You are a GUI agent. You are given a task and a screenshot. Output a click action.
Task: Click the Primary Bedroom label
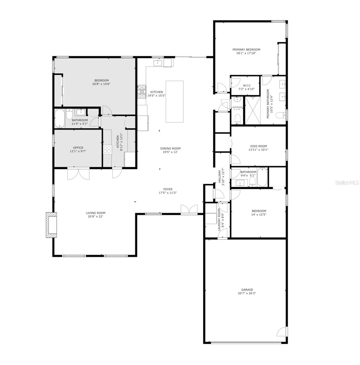coord(246,50)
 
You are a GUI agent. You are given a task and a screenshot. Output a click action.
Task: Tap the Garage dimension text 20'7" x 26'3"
coord(245,294)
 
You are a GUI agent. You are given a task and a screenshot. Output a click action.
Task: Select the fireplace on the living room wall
coord(51,224)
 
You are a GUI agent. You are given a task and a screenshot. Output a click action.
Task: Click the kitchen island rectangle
coord(174,101)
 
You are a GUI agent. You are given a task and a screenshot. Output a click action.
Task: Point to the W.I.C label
coord(246,85)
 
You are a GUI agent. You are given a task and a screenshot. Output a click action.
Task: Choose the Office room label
coord(78,148)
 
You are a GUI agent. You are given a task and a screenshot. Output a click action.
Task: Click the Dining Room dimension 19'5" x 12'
coord(170,152)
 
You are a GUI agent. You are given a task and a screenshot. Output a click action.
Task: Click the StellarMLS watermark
coord(347,183)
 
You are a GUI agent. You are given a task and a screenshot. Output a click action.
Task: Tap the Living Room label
coord(95,213)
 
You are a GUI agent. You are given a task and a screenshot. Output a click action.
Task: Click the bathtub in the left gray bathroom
coord(59,119)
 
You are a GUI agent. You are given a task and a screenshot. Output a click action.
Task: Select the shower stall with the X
coord(253,110)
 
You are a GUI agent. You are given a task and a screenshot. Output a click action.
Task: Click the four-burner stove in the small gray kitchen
coord(107,149)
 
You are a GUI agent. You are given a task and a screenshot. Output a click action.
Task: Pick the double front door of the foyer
coord(189,210)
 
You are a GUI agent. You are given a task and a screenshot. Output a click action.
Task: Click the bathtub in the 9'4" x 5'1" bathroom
coord(262,177)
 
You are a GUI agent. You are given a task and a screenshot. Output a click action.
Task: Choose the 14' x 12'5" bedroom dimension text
coord(259,214)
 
